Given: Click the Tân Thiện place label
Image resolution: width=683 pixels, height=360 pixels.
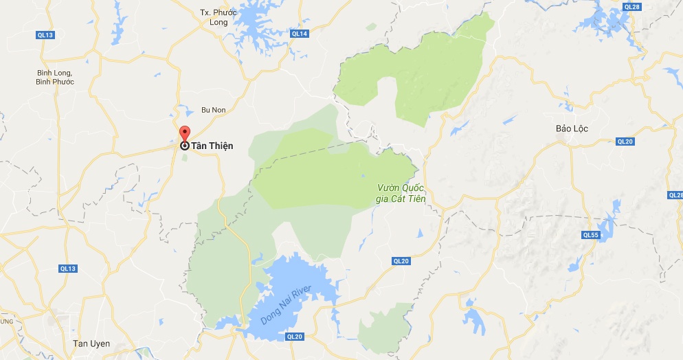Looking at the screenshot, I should coord(212,146).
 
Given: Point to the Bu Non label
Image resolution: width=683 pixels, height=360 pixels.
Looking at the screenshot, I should coord(213,110).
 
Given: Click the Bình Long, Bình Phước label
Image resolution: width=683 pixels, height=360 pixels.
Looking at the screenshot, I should coord(56,77).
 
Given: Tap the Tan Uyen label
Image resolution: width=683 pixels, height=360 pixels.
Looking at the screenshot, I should coord(91,344).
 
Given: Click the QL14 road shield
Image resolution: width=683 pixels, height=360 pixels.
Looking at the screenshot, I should coord(299,34).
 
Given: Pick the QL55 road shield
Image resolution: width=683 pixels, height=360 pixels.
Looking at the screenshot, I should coord(591,235).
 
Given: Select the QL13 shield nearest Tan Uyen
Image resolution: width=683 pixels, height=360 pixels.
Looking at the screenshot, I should coord(67,269).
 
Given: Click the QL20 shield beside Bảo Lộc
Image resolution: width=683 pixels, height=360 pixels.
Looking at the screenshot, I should coord(625,142).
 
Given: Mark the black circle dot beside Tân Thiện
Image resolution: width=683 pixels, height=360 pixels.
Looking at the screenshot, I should coord(185,146).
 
